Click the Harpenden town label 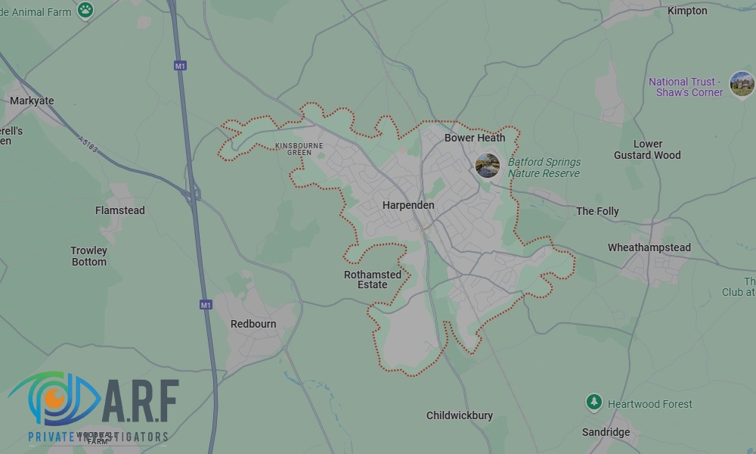[408, 205]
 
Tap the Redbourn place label [253, 324]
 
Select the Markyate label [32, 101]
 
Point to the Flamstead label [120, 210]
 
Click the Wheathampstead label [649, 247]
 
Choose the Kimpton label [687, 11]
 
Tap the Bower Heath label [475, 138]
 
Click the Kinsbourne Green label [299, 148]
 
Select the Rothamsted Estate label [373, 280]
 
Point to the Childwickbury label [460, 415]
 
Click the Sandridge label [606, 432]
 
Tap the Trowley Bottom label [89, 256]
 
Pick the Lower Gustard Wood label [647, 149]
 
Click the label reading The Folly [597, 211]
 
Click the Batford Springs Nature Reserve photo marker [488, 165]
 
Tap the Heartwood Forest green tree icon [594, 402]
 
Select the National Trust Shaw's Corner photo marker [742, 84]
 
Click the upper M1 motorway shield [180, 66]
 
